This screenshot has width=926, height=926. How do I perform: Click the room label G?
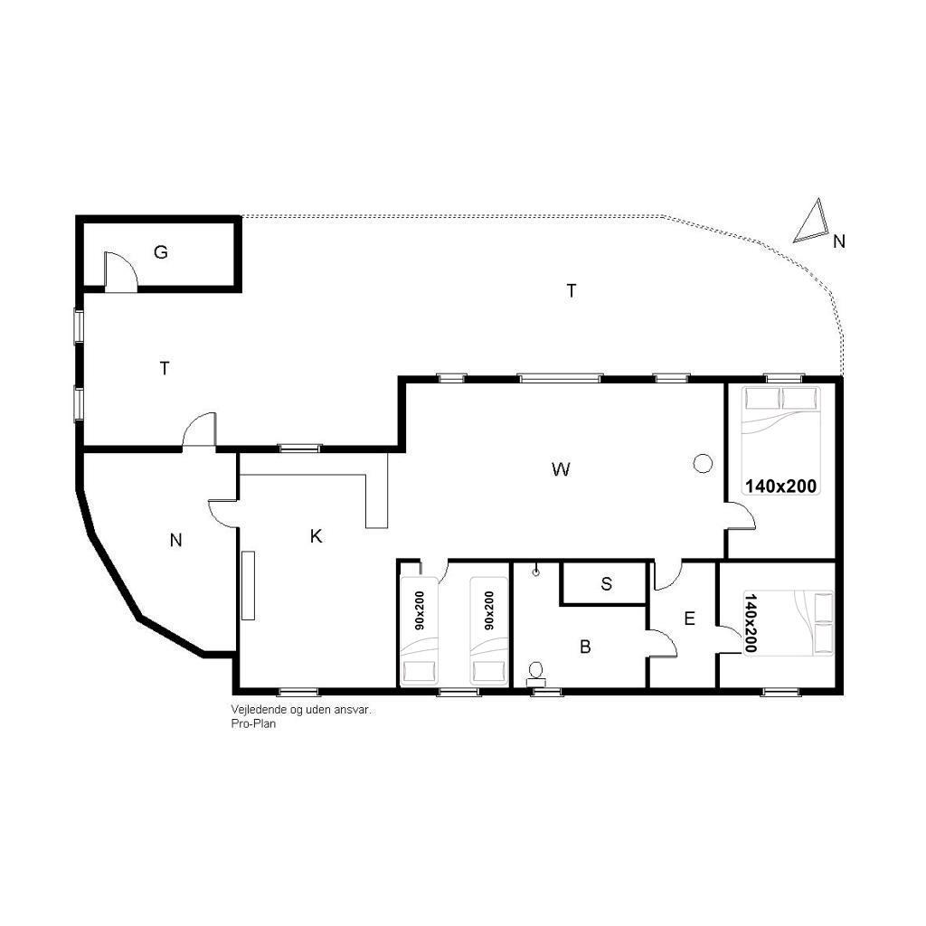[x=161, y=252]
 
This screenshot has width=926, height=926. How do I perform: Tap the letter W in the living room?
[x=561, y=469]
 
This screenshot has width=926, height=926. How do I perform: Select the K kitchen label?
[x=316, y=536]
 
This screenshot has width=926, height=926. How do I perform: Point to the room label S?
[x=607, y=583]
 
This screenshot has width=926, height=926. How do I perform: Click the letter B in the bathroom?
[x=585, y=647]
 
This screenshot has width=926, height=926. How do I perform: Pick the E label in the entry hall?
[x=689, y=619]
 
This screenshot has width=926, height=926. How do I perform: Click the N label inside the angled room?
[x=175, y=541]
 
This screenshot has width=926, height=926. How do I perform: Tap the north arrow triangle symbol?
[x=811, y=221]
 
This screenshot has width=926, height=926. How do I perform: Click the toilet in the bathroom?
[x=536, y=673]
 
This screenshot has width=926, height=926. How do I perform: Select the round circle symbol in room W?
[x=702, y=464]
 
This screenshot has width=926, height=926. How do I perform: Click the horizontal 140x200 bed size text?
[x=780, y=486]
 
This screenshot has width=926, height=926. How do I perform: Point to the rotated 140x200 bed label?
[x=751, y=623]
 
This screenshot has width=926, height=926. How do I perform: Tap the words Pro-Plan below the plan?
[x=253, y=723]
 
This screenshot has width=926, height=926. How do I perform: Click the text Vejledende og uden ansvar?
[x=300, y=710]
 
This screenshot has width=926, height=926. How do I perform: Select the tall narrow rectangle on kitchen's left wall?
[x=248, y=585]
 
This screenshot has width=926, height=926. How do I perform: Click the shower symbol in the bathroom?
[x=536, y=571]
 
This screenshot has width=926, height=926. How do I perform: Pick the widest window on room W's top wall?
[x=560, y=378]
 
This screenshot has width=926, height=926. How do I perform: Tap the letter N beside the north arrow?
[x=839, y=241]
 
